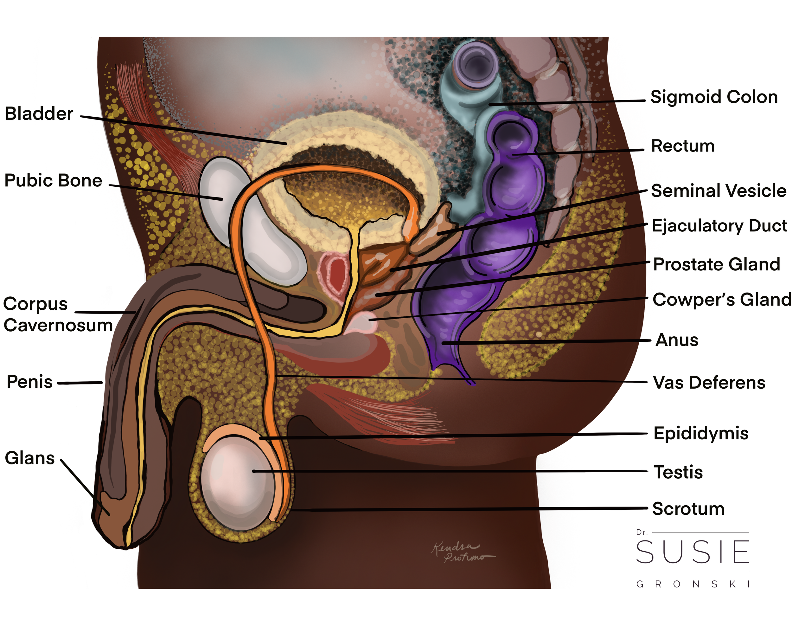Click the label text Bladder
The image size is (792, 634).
pyautogui.click(x=39, y=113)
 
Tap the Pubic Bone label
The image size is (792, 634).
pyautogui.click(x=53, y=180)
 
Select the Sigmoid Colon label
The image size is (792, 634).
pyautogui.click(x=714, y=97)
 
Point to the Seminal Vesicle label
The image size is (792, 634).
pyautogui.click(x=719, y=191)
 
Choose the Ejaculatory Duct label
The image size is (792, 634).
pyautogui.click(x=719, y=226)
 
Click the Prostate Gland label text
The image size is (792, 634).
pyautogui.click(x=717, y=264)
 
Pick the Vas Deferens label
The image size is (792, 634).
pyautogui.click(x=709, y=383)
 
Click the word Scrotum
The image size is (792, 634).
pyautogui.click(x=688, y=509)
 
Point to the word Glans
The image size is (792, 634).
pyautogui.click(x=30, y=459)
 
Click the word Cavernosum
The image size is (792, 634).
pyautogui.click(x=58, y=325)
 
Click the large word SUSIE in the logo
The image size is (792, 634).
pyautogui.click(x=693, y=552)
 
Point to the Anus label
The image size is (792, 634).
pyautogui.click(x=677, y=340)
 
